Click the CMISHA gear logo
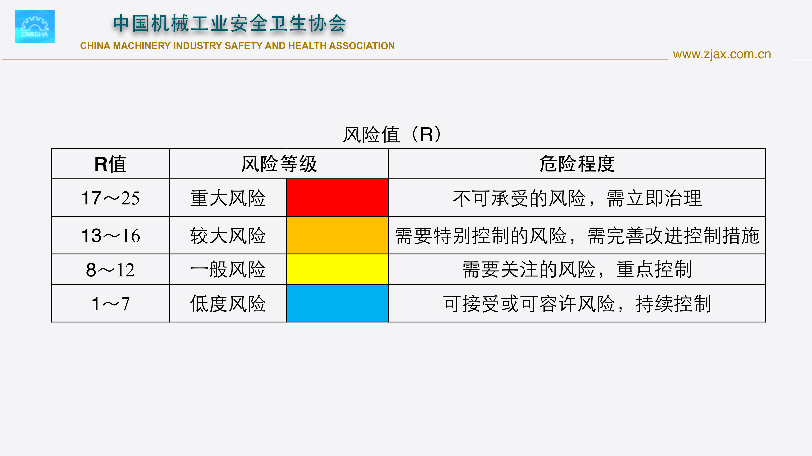[x=35, y=27]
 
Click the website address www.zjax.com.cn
[x=722, y=54]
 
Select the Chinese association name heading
[x=229, y=24]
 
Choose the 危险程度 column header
[x=577, y=164]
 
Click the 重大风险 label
[x=228, y=198]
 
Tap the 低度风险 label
[x=228, y=304]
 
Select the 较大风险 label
[x=228, y=236]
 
